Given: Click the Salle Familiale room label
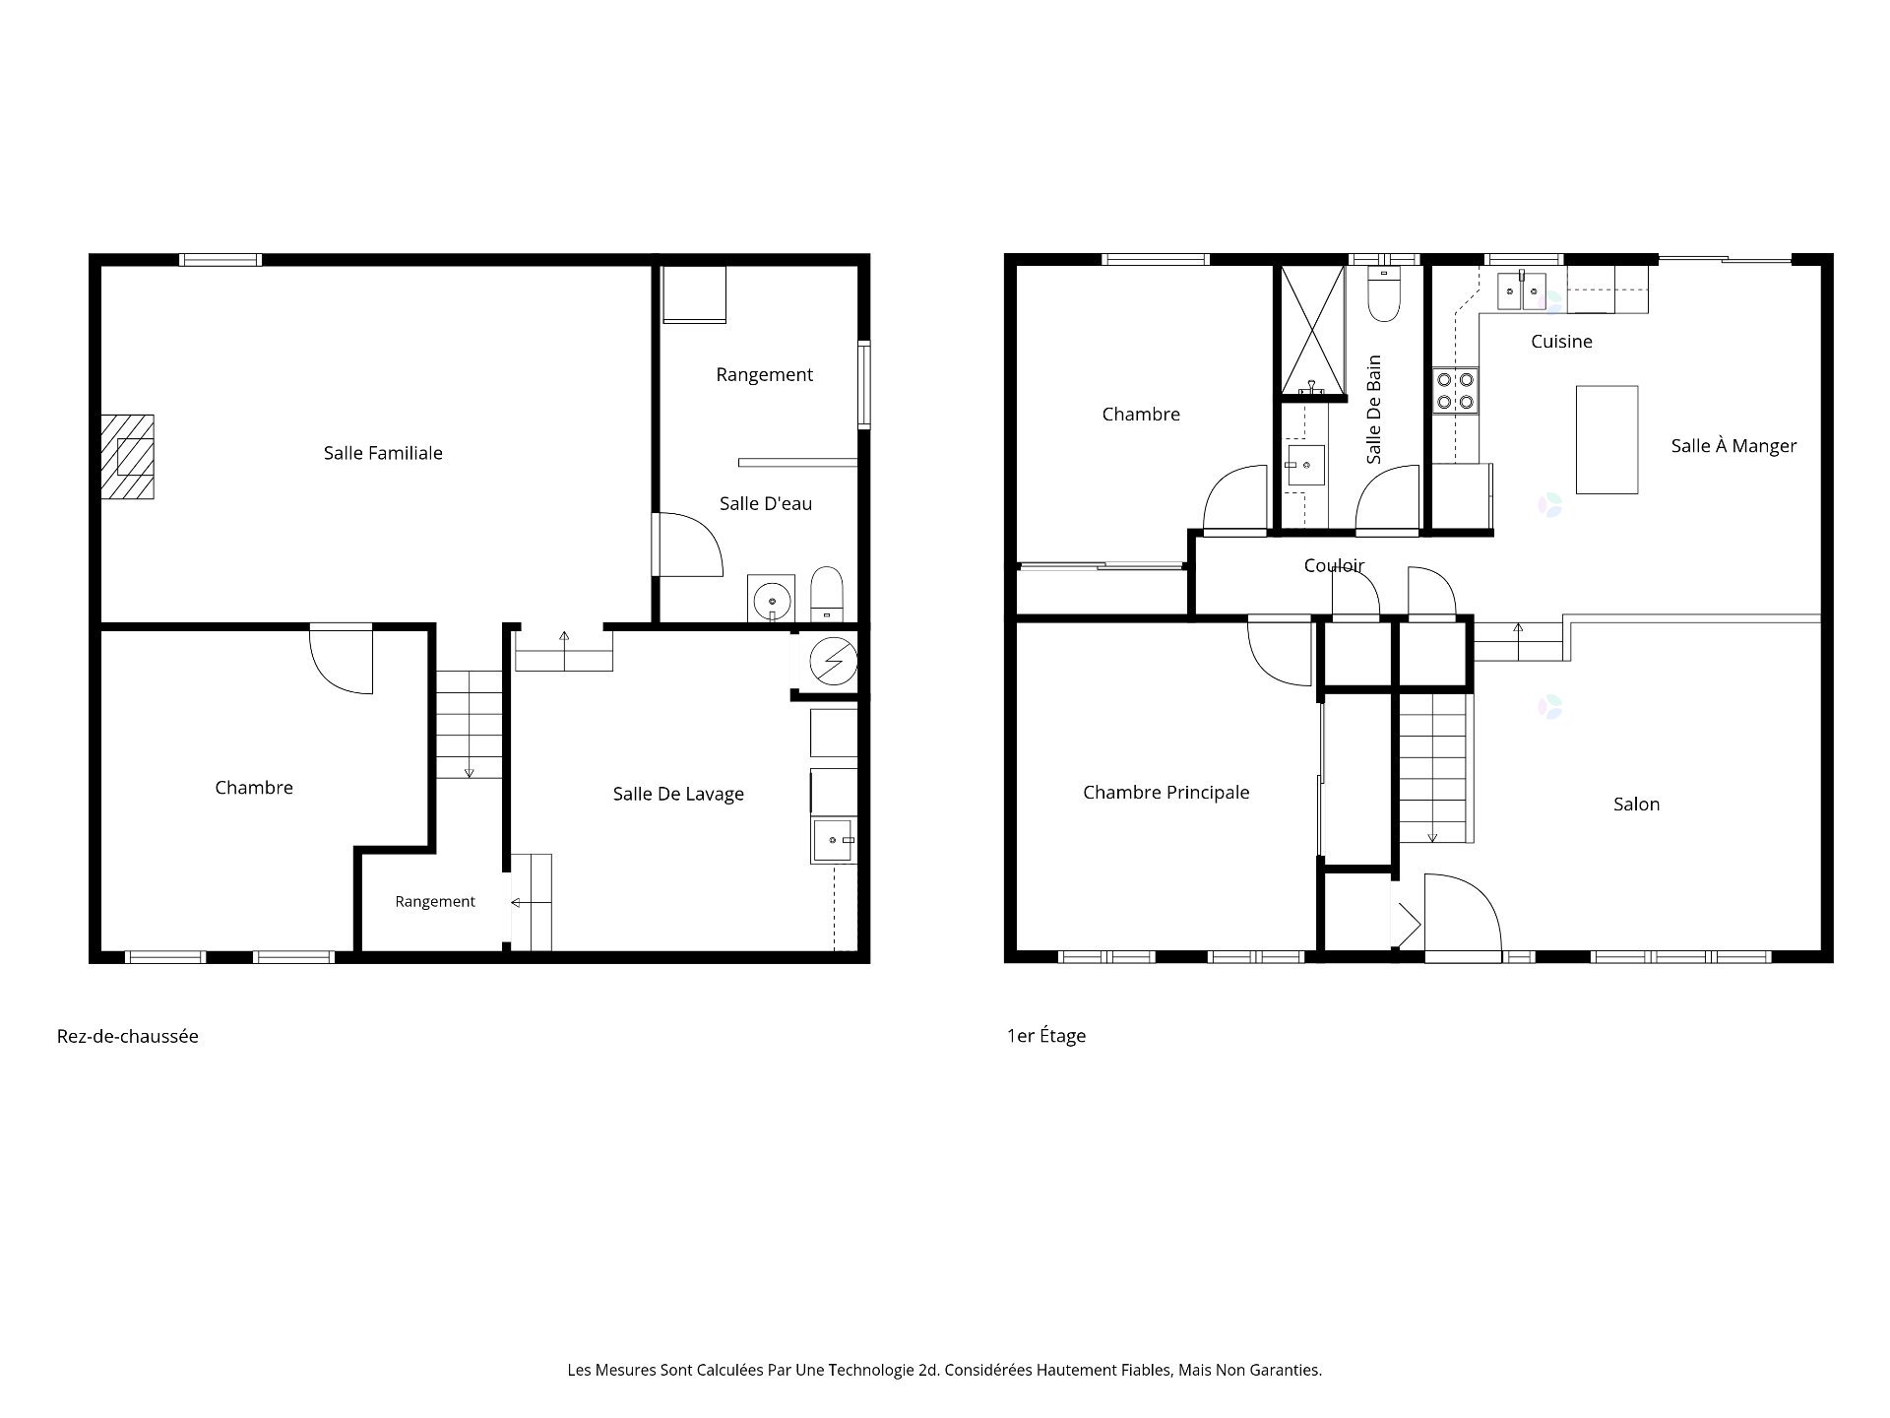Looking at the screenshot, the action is [x=383, y=453].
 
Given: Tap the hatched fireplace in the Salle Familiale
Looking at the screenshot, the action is [x=127, y=457].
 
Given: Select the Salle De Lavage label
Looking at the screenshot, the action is [x=678, y=795].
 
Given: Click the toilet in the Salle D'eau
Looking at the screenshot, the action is [x=827, y=594].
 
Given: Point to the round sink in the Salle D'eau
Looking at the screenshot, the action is [x=771, y=598].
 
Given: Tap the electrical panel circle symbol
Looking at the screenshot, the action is [x=833, y=661].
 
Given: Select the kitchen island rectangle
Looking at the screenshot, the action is [x=1606, y=439].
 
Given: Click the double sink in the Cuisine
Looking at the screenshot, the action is [x=1522, y=290].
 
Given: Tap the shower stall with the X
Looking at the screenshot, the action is [x=1312, y=330].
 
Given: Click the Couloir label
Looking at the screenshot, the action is [x=1334, y=566].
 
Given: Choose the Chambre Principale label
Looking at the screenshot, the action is [x=1166, y=793].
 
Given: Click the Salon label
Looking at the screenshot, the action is [x=1636, y=805].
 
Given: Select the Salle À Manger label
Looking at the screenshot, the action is [x=1733, y=446].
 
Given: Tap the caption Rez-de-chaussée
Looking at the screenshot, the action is [x=128, y=1036].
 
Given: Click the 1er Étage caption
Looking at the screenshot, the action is [x=1046, y=1036].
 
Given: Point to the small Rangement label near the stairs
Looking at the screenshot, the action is [x=435, y=902].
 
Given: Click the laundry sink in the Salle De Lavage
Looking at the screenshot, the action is [x=834, y=840].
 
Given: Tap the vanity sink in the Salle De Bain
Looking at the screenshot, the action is [x=1305, y=466].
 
